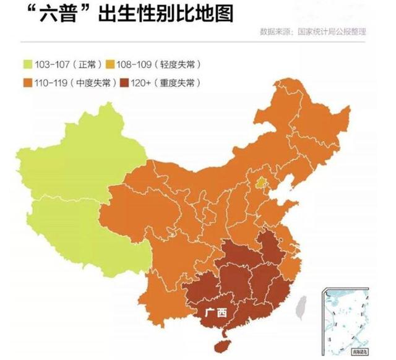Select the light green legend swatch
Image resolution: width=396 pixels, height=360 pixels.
click(28, 64)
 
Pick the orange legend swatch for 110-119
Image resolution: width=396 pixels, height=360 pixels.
click(28, 82)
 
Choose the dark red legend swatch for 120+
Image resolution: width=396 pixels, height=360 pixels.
click(127, 82)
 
